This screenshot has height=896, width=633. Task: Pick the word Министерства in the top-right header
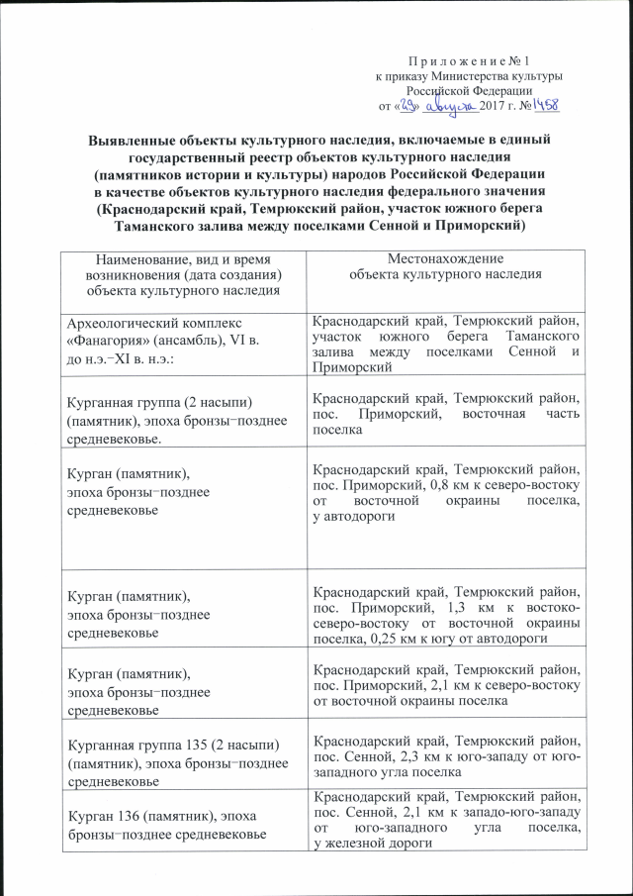(465, 76)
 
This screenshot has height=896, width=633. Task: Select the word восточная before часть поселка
(481, 417)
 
